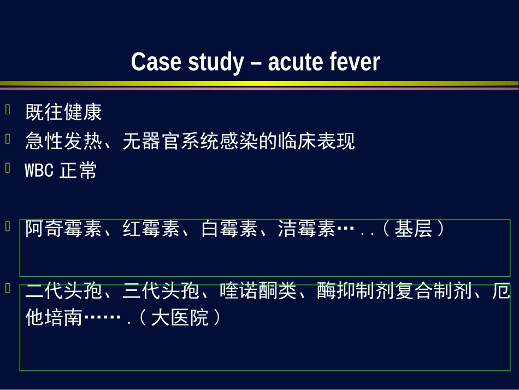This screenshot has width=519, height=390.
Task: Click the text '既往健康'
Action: (63, 113)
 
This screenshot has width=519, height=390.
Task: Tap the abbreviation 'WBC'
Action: (39, 171)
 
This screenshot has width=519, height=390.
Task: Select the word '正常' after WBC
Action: (78, 171)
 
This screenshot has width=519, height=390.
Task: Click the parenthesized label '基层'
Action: (414, 229)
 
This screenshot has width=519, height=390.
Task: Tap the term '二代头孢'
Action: (63, 292)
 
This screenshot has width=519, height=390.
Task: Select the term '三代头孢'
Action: (161, 292)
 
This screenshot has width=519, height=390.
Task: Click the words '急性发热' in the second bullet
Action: (63, 142)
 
